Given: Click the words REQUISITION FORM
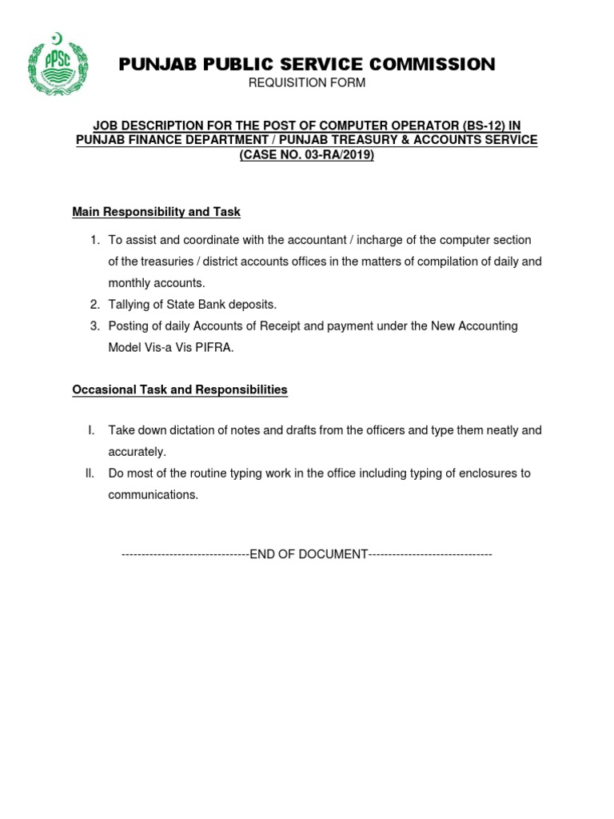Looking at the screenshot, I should [307, 83].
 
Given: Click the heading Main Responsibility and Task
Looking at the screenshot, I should [156, 212].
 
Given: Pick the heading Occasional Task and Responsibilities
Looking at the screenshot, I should [180, 390].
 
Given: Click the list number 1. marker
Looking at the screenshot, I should [94, 240].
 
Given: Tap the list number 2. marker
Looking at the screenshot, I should [94, 305].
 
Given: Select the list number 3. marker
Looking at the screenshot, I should [94, 326].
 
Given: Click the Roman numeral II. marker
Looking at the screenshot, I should [90, 473].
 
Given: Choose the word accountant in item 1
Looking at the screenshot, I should [311, 240].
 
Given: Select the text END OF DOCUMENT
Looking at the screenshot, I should [308, 554].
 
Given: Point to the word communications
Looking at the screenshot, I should [153, 495].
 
